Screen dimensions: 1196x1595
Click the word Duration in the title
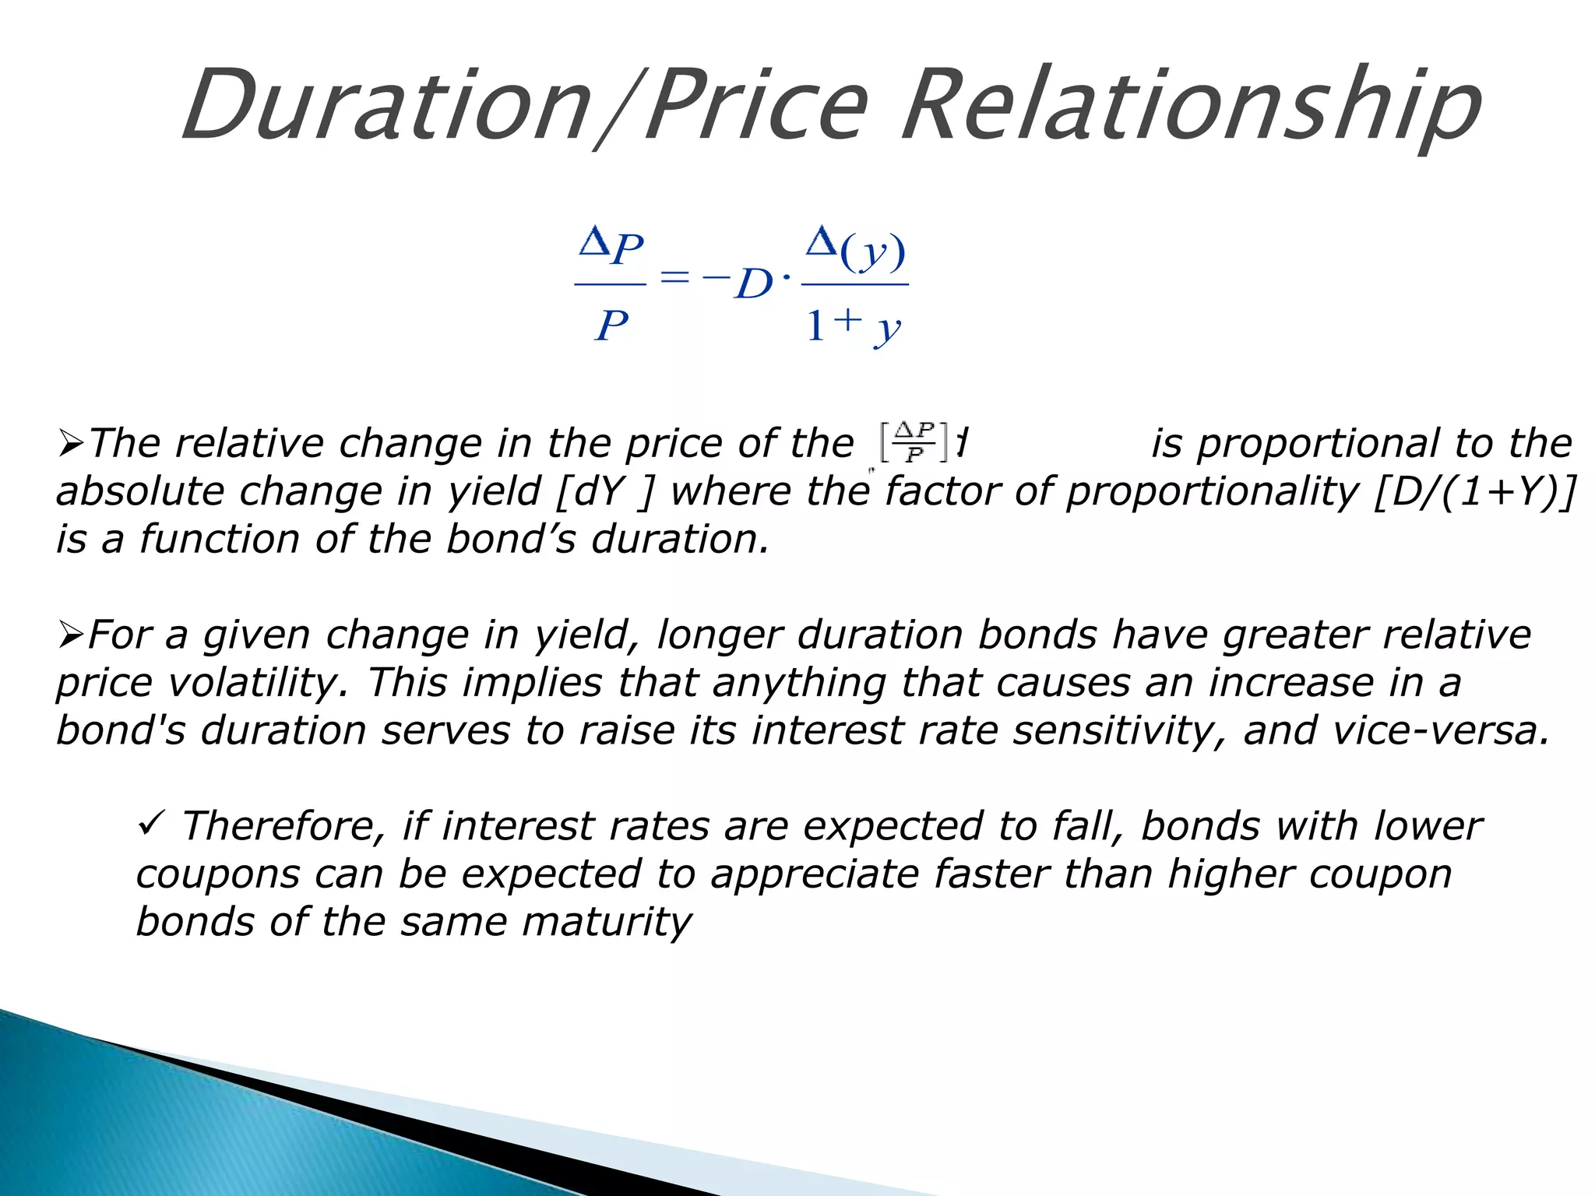pos(386,105)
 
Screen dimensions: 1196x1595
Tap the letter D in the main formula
pos(753,283)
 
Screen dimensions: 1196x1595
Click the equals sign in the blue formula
pos(674,277)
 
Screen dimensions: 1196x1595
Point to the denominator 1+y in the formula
pos(852,325)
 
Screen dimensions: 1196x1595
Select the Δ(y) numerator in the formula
pos(855,248)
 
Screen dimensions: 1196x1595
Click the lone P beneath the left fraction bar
pos(611,325)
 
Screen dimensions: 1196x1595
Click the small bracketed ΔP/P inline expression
pos(914,442)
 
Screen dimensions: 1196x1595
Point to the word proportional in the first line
pos(1318,444)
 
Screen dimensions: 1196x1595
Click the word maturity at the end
pos(607,923)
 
